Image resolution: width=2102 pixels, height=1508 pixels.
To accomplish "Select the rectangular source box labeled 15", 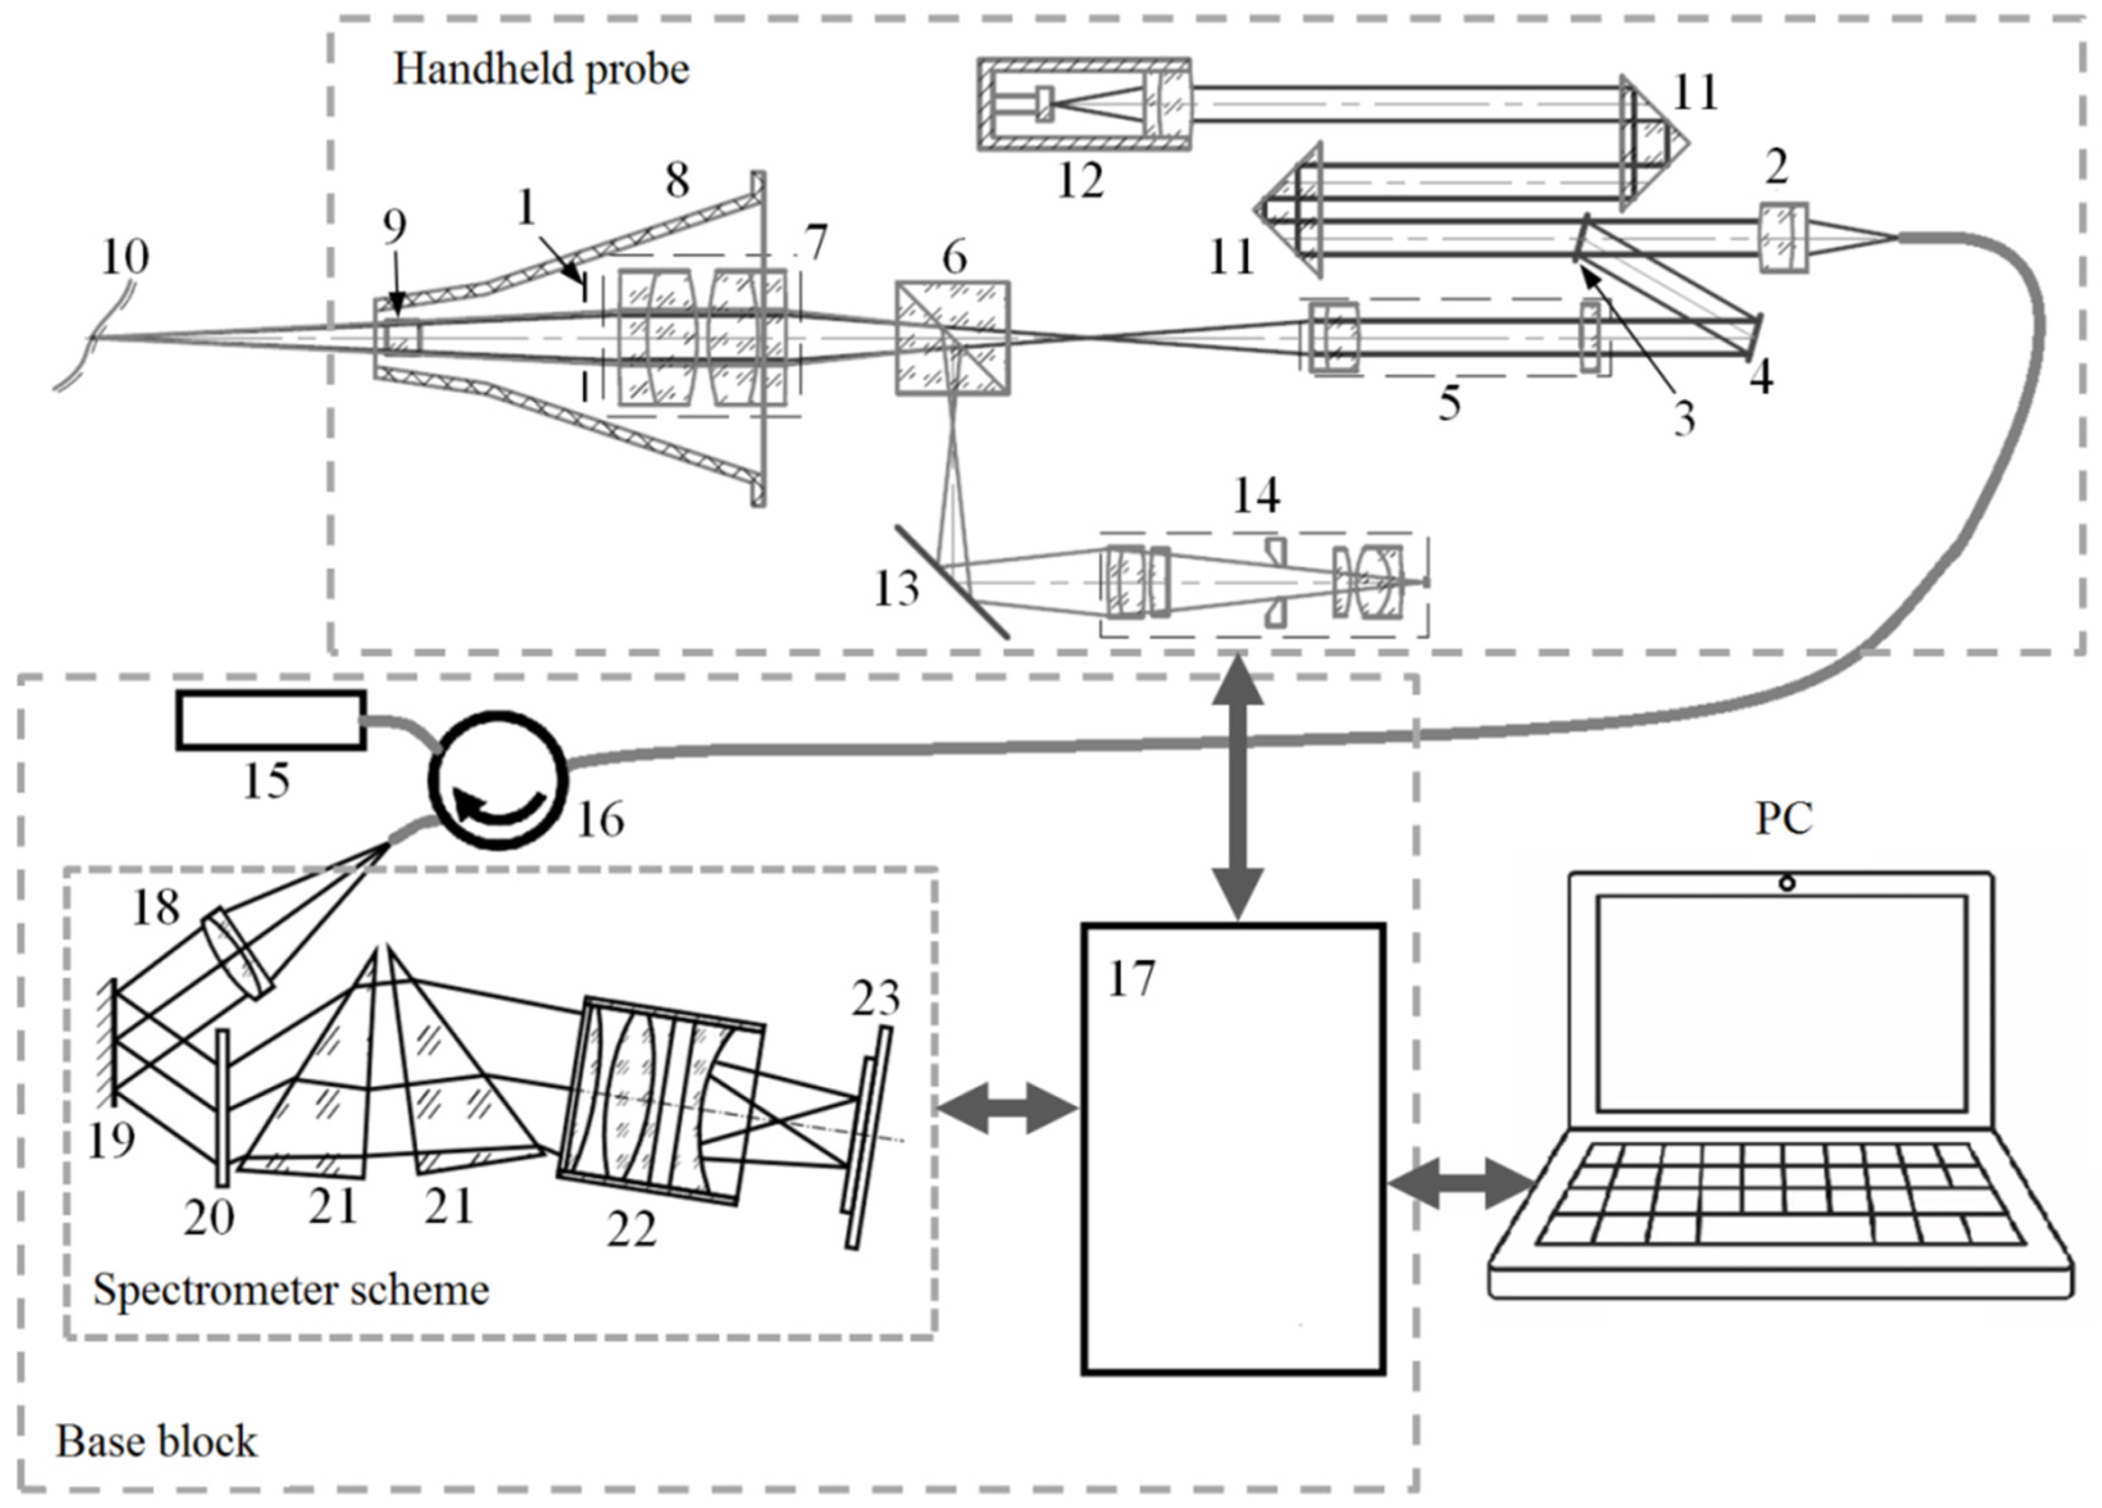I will pos(270,720).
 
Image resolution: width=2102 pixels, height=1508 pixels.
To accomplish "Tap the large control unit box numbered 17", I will pos(1232,1148).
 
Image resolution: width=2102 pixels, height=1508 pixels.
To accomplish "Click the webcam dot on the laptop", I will pos(1787,883).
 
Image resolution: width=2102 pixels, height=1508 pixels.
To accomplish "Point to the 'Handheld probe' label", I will pos(542,69).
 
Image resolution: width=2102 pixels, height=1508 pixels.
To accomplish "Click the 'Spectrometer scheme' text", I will pos(291,1289).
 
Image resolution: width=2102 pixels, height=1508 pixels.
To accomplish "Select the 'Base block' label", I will pos(156,1441).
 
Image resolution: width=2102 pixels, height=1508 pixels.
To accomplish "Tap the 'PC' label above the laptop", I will pos(1783,818).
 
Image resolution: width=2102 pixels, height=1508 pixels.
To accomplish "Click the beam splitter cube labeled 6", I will pos(952,338).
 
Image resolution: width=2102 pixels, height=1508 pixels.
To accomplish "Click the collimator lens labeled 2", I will pos(1782,239).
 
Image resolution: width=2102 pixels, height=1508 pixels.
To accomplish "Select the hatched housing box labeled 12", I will pos(1084,103).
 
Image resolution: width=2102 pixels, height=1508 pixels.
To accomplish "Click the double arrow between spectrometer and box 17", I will pos(1007,1109).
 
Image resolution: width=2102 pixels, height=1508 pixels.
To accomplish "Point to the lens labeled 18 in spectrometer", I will pos(237,954).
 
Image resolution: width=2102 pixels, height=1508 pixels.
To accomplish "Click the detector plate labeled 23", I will pos(868,1136).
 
